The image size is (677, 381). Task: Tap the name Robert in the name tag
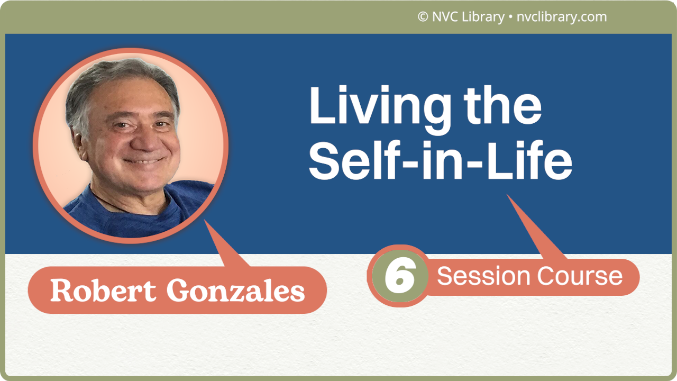[104, 290]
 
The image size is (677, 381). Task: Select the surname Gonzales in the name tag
[236, 290]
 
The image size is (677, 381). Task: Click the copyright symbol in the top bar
[423, 17]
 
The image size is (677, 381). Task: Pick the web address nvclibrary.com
[561, 17]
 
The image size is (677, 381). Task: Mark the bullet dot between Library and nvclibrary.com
[510, 17]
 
